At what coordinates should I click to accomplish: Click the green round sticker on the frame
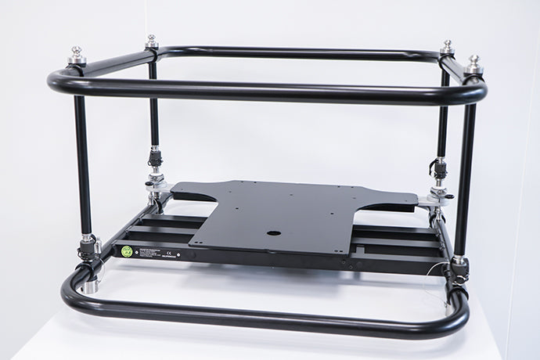point(126,252)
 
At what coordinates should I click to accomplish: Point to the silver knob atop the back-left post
point(151,41)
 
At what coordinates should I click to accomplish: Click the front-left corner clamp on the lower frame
point(87,250)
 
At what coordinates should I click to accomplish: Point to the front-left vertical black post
point(81,164)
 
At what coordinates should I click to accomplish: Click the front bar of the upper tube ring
point(266,92)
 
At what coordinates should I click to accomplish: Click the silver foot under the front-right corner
point(449,307)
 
